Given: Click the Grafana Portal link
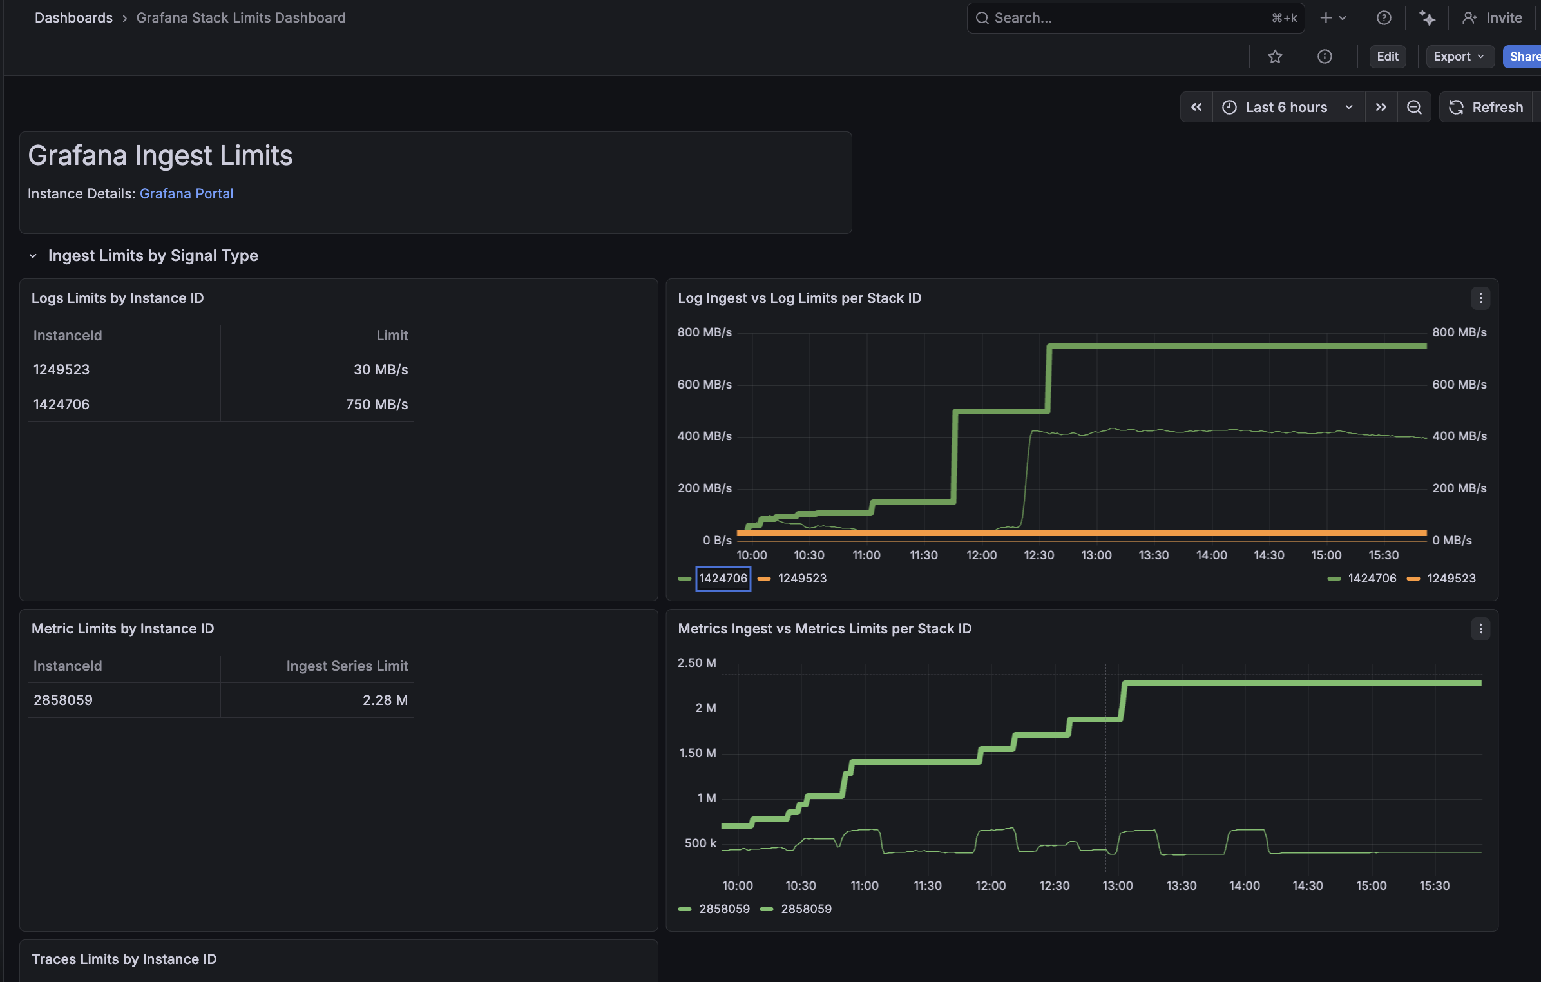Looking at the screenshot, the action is (186, 193).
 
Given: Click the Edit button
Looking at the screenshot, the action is (1387, 57).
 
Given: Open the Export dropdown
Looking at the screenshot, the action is (1459, 57).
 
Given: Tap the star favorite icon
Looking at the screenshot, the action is (1275, 57).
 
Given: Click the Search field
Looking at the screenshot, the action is (1135, 18).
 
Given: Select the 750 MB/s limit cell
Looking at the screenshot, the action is (377, 404).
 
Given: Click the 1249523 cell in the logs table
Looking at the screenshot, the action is (62, 369).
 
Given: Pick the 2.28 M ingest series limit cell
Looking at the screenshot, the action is (385, 700).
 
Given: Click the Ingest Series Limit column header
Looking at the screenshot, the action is (347, 666).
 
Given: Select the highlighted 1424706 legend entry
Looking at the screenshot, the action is (723, 578).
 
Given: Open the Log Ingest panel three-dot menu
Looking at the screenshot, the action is (1480, 298).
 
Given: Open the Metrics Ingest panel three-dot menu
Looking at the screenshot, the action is (1480, 628).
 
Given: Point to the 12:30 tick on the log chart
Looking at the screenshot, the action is (1039, 555).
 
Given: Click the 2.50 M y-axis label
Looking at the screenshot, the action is (696, 662).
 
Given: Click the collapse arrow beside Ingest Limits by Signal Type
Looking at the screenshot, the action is (33, 256).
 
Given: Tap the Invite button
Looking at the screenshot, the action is (1492, 18).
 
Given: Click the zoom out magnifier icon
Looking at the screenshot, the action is (1414, 107).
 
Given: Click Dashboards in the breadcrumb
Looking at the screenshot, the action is (73, 17).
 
